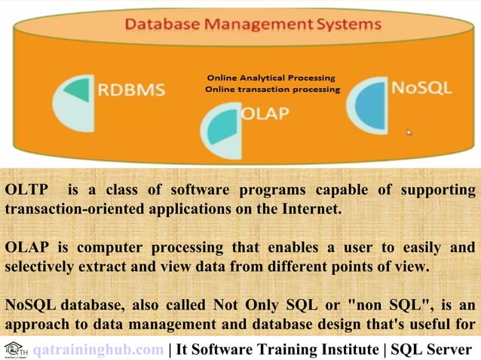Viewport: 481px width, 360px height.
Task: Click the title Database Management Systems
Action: coord(253,23)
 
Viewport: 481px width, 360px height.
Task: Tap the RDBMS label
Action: coord(131,90)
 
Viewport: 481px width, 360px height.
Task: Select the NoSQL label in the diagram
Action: coord(421,87)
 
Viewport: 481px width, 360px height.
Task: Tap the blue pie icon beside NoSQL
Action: coord(368,105)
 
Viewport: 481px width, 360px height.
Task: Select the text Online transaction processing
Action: coord(272,89)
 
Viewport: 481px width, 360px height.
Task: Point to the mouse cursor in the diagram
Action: coord(409,133)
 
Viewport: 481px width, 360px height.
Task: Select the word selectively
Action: coord(40,266)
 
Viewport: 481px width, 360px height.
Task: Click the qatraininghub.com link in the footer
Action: coord(98,349)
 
